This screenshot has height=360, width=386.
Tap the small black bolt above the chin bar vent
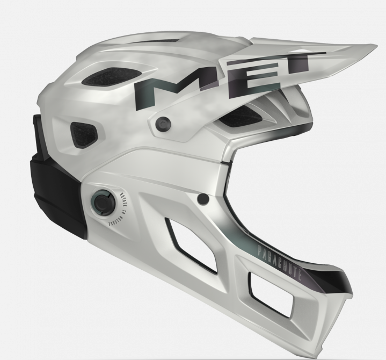click(203, 199)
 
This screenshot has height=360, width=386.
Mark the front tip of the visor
click(369, 47)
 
